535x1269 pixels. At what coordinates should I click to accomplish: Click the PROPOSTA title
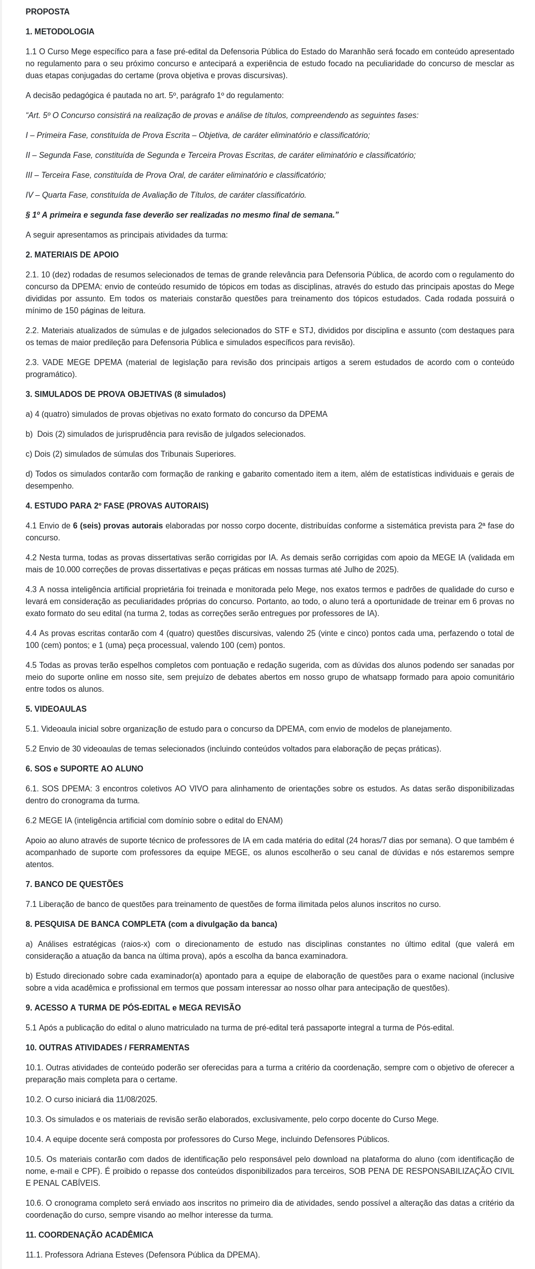(47, 12)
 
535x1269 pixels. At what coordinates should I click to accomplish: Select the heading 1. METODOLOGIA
(60, 32)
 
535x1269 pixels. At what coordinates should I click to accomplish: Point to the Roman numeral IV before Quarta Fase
(30, 195)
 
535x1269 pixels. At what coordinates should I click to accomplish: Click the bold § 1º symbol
(33, 215)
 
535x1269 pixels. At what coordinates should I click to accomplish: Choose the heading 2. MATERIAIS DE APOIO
(72, 255)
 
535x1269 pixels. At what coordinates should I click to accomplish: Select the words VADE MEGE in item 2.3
(64, 363)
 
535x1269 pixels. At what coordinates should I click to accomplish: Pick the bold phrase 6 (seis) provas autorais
(117, 526)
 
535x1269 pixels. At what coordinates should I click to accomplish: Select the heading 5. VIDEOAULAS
(56, 709)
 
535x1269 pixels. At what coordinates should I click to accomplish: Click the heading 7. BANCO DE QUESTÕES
(74, 885)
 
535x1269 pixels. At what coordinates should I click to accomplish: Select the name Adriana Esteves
(115, 1255)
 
